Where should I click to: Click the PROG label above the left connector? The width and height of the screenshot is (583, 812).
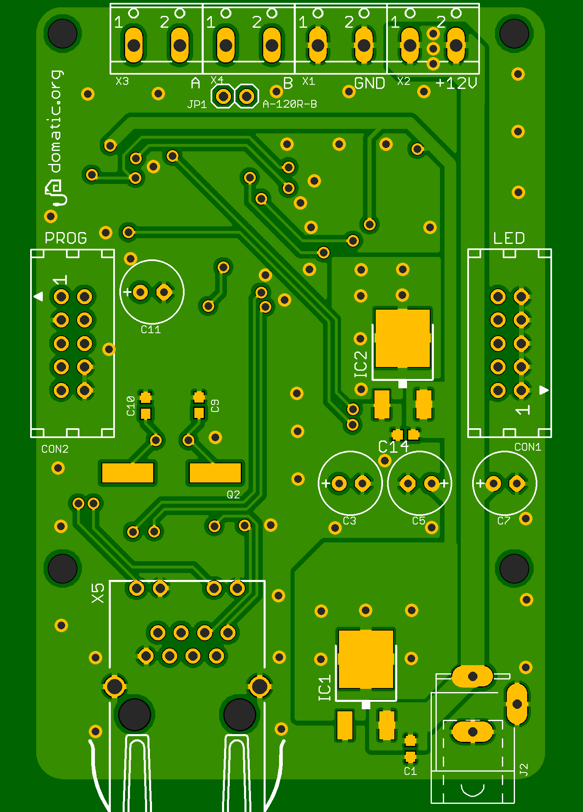(x=66, y=238)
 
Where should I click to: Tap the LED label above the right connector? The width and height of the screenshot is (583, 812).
(x=509, y=238)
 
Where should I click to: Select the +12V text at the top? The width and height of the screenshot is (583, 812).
(x=456, y=84)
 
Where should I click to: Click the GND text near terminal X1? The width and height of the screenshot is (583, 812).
(x=370, y=84)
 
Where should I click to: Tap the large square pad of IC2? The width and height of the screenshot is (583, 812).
(x=403, y=338)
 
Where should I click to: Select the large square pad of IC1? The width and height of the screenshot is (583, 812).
(x=366, y=659)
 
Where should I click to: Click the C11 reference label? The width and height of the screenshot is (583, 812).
(x=151, y=330)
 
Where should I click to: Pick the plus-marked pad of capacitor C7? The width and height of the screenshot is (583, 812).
(x=493, y=484)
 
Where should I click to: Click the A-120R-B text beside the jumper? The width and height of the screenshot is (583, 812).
(x=290, y=104)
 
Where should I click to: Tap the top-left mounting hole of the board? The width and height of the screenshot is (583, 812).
(x=62, y=33)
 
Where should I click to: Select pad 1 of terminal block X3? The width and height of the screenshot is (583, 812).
(x=134, y=45)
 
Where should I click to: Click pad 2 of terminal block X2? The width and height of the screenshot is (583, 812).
(x=456, y=45)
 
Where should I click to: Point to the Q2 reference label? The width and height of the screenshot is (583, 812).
(x=233, y=495)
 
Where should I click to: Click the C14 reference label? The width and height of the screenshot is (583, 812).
(x=393, y=447)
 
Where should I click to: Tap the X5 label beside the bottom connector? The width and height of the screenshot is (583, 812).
(x=98, y=593)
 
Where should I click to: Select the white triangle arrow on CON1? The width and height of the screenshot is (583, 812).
(x=544, y=390)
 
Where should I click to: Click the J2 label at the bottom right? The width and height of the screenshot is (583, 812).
(x=524, y=770)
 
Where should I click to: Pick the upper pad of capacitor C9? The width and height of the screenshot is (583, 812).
(x=199, y=396)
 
